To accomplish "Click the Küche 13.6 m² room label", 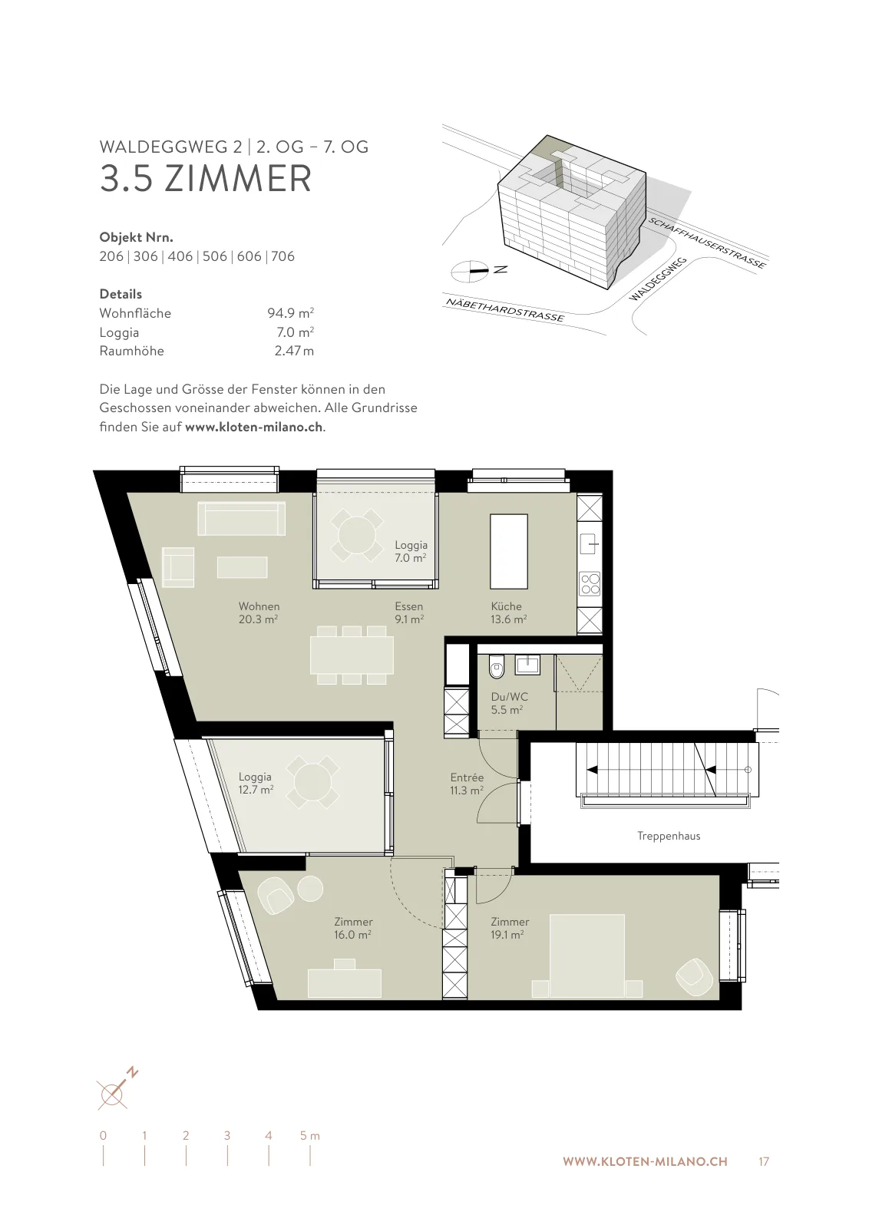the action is (x=508, y=613).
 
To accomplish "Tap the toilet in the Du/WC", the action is (x=496, y=666).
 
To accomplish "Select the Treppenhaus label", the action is (x=669, y=836).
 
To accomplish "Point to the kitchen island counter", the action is (x=509, y=551).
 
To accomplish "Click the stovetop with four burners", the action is (x=590, y=583).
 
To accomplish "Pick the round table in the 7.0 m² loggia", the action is (x=357, y=535).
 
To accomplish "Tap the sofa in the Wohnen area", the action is (x=241, y=519).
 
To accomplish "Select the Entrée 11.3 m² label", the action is (x=467, y=784).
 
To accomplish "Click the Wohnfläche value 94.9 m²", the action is (x=291, y=312).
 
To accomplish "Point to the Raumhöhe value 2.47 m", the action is (x=295, y=351).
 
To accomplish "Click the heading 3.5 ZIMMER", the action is (x=206, y=178).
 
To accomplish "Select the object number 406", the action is (x=180, y=256).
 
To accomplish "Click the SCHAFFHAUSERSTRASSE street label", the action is (x=707, y=243).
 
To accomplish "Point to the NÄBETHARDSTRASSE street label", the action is (x=505, y=310).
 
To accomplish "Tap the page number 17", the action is (x=764, y=1162).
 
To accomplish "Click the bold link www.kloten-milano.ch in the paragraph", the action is (x=254, y=427).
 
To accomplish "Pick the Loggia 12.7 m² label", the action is (x=256, y=784).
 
